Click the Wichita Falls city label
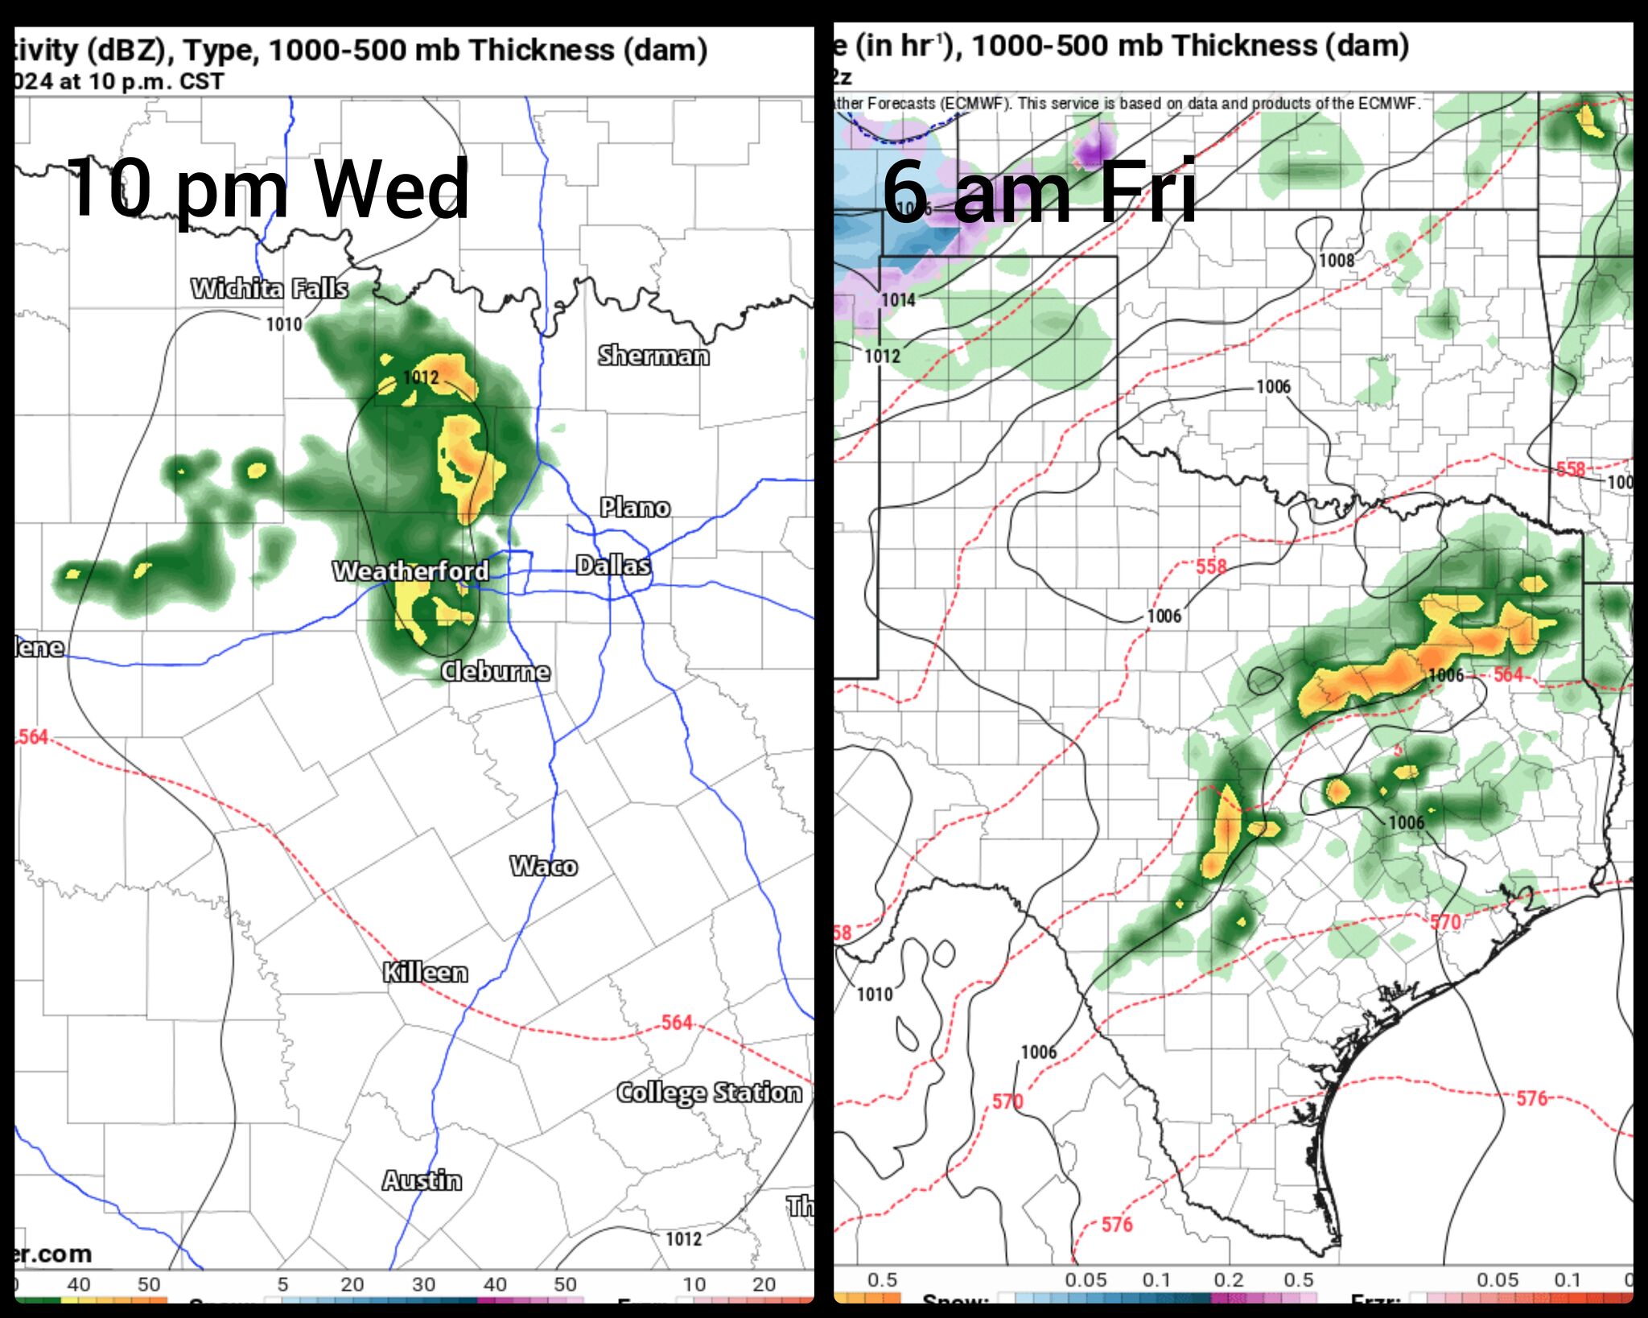270,288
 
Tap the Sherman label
653,355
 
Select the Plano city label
635,507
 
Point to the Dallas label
613,565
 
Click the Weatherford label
411,570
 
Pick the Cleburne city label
496,671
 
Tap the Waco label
544,866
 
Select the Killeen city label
425,972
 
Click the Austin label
422,1180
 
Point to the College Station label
709,1092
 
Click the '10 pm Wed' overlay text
268,190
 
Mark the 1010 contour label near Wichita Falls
284,324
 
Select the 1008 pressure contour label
1337,260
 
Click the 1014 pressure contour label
898,300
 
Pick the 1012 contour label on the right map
883,356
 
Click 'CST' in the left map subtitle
202,82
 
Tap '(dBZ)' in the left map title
128,50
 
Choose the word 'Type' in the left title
220,51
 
